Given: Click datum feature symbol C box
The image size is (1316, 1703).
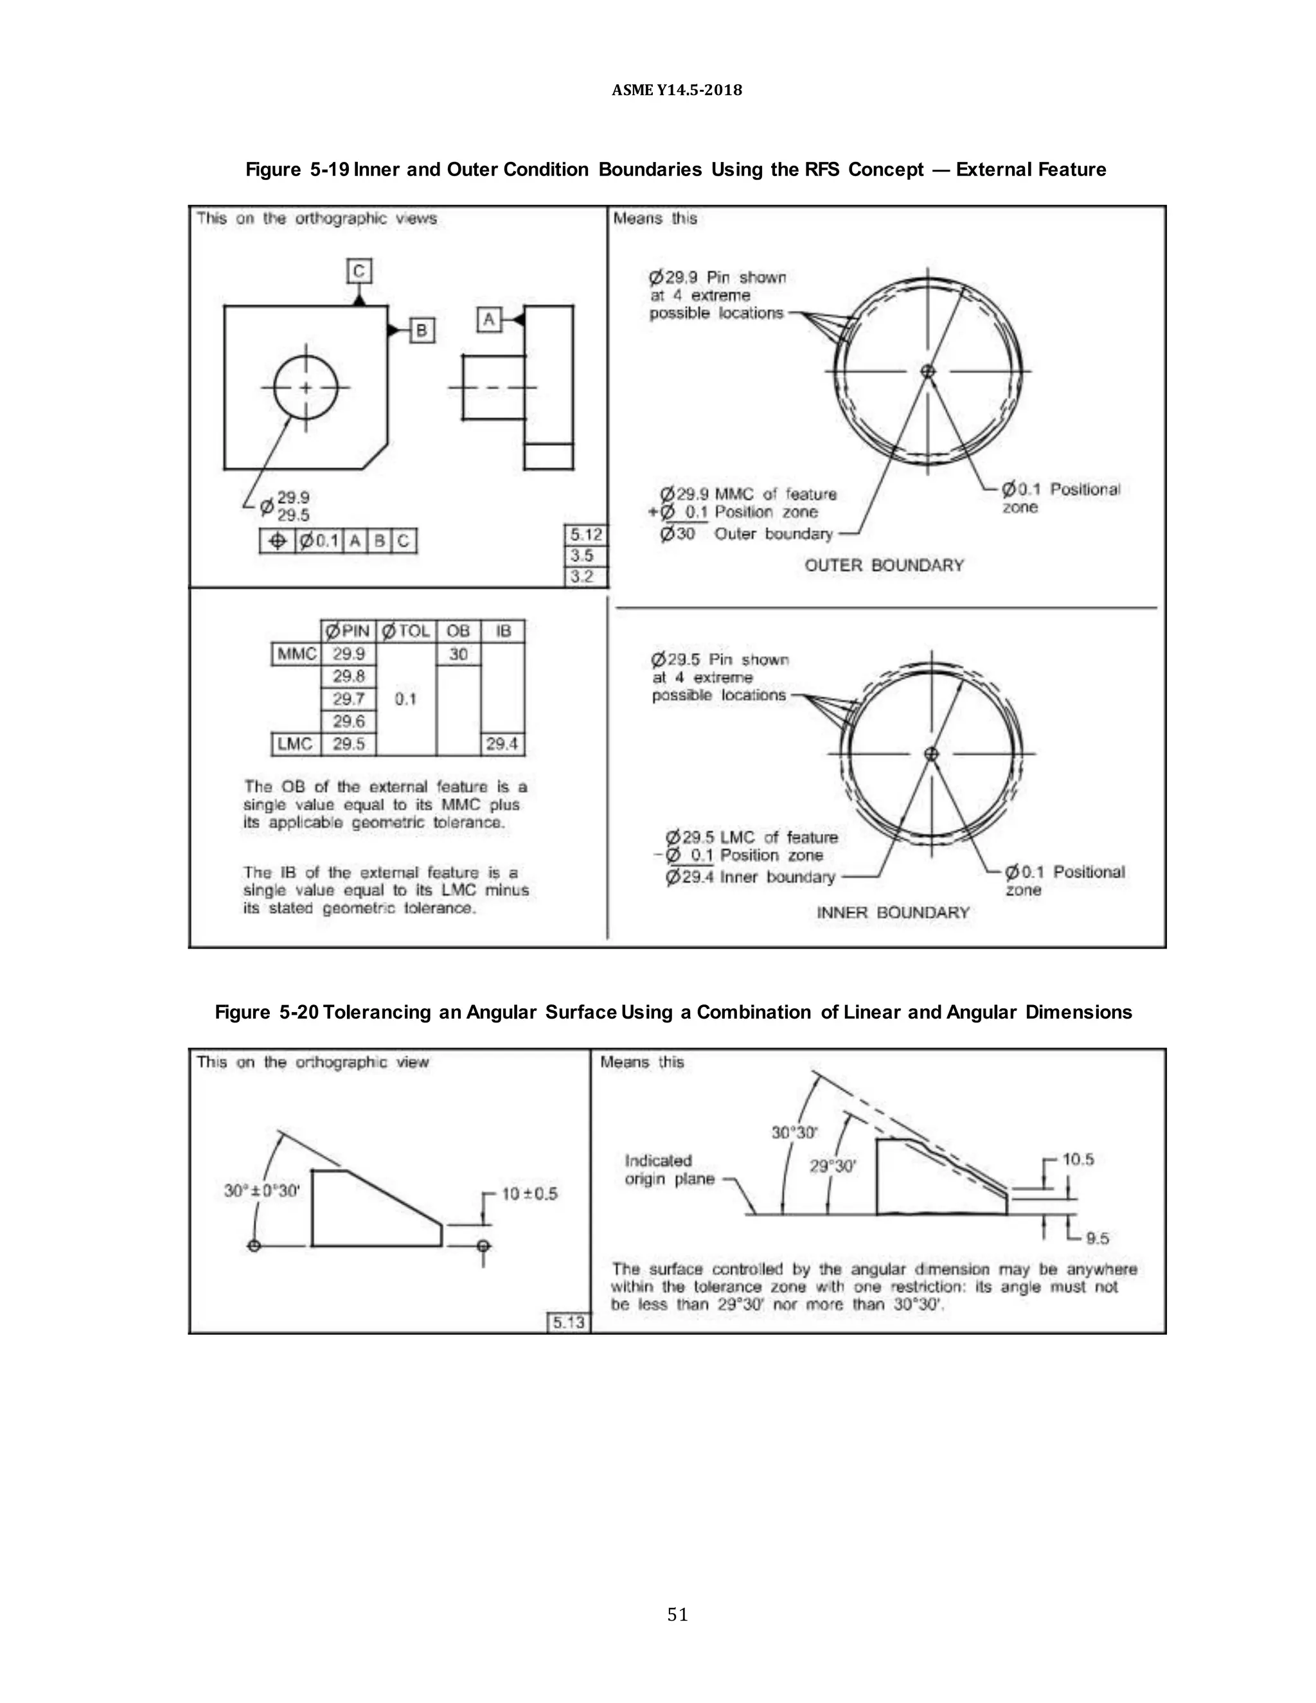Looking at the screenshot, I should pyautogui.click(x=359, y=271).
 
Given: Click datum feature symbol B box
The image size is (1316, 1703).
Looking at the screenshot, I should pyautogui.click(x=421, y=330).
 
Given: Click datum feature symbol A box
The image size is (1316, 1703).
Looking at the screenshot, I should pyautogui.click(x=489, y=319).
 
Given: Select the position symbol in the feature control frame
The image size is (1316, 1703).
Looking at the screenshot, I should pyautogui.click(x=277, y=541).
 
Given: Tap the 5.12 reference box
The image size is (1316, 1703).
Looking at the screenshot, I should pyautogui.click(x=585, y=535).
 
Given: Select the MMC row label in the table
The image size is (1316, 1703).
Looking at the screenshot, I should pyautogui.click(x=296, y=654).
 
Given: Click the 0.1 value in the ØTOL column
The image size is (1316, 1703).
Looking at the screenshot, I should pyautogui.click(x=405, y=699).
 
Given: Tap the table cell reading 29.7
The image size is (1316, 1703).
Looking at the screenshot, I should pyautogui.click(x=348, y=699).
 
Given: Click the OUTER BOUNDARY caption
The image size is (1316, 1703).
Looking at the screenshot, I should pyautogui.click(x=884, y=566).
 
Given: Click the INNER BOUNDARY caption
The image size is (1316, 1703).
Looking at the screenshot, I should pyautogui.click(x=893, y=913).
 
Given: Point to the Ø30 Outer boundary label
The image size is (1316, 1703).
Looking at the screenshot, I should pyautogui.click(x=746, y=534).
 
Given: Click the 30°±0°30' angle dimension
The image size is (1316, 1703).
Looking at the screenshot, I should pyautogui.click(x=262, y=1191).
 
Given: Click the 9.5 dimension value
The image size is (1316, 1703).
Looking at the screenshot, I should pyautogui.click(x=1097, y=1238).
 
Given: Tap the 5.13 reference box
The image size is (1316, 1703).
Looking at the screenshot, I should pyautogui.click(x=568, y=1323).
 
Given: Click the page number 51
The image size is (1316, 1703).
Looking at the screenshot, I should pyautogui.click(x=677, y=1614).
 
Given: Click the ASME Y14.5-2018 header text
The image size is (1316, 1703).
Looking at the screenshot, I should pyautogui.click(x=677, y=90).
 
